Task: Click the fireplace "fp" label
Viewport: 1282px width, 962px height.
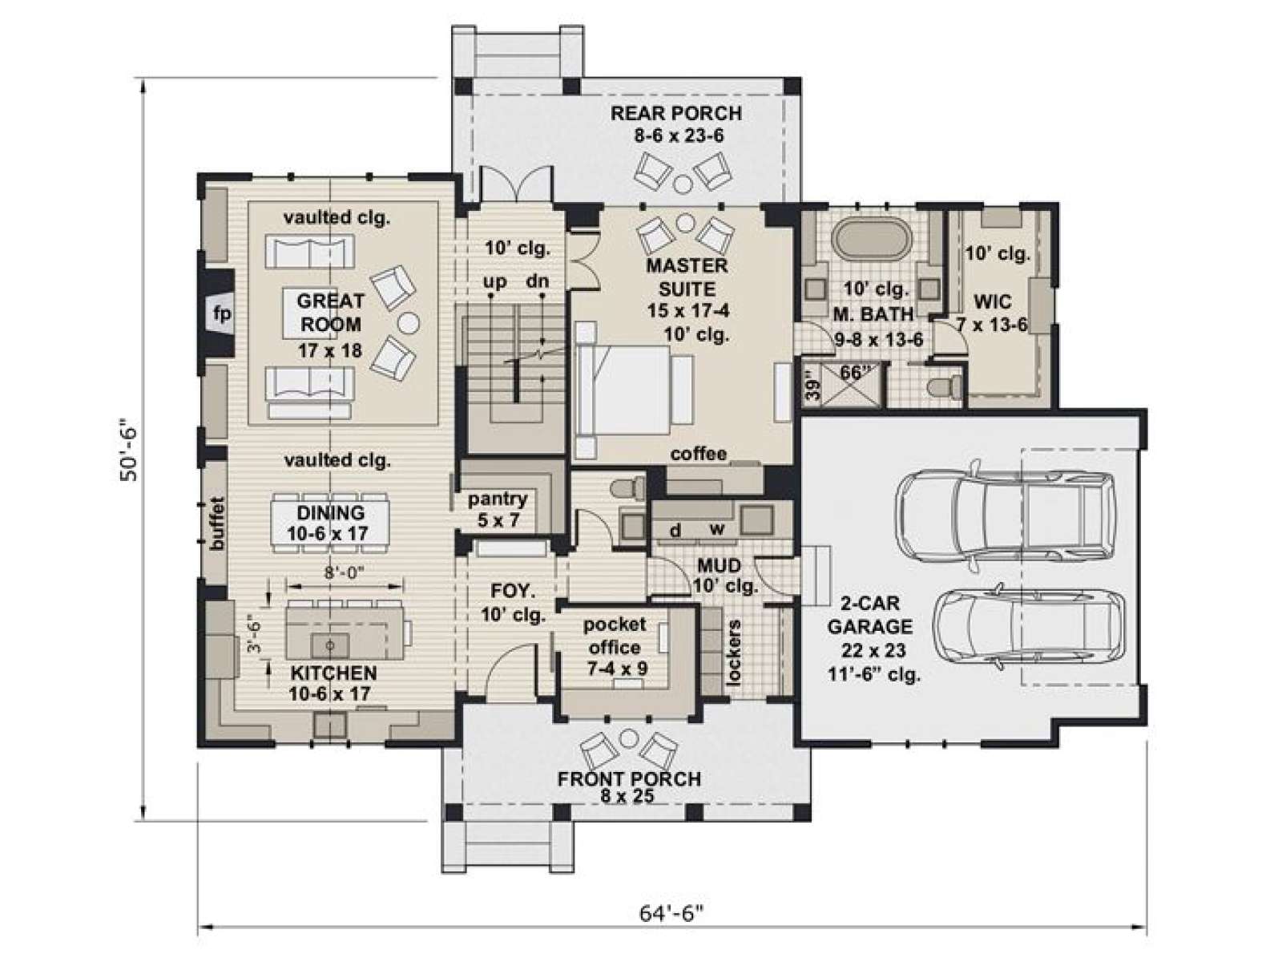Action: click(x=222, y=314)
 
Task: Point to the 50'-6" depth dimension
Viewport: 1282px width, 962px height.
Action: click(x=128, y=449)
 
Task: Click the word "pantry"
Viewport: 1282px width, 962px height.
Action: click(x=498, y=499)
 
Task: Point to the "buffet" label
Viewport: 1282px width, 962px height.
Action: click(x=217, y=523)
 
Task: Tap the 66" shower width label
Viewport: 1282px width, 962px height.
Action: click(x=855, y=372)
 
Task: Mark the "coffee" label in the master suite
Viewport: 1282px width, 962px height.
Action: click(x=699, y=454)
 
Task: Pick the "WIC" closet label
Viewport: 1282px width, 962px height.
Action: click(x=993, y=302)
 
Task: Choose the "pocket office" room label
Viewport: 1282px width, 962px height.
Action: click(x=615, y=636)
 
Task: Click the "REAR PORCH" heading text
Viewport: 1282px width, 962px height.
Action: click(x=676, y=113)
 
